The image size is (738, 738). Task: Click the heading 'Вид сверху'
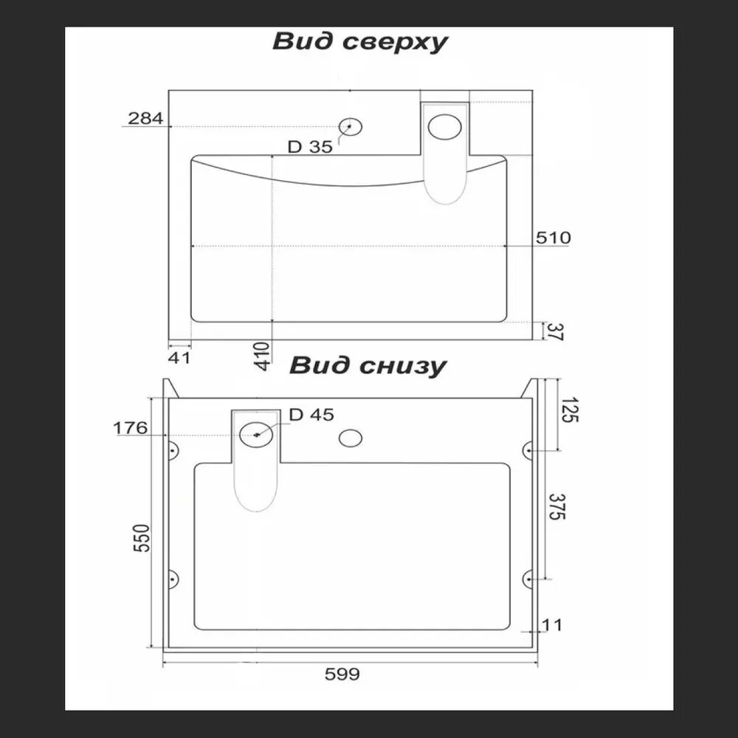(x=360, y=42)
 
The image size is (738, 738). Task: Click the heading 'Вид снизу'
(x=368, y=365)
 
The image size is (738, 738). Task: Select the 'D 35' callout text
(x=310, y=147)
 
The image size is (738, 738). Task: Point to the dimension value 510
(x=553, y=238)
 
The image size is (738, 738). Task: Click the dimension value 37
(x=556, y=332)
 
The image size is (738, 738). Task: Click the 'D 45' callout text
(x=311, y=415)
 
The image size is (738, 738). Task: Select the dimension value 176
(x=131, y=427)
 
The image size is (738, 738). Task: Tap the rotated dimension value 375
(x=556, y=508)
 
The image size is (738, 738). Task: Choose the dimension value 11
(x=552, y=625)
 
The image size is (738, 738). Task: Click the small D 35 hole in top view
(x=351, y=126)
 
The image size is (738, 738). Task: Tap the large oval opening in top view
(x=446, y=127)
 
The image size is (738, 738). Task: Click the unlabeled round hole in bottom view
(x=350, y=438)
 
